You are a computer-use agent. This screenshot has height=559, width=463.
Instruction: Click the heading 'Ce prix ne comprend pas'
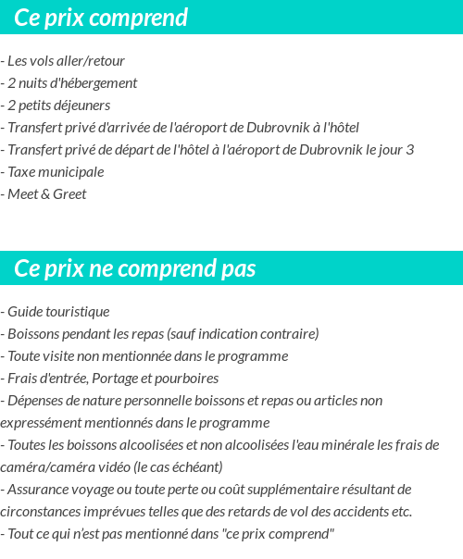tap(135, 268)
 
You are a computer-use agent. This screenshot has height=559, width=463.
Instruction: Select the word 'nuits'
tap(35, 83)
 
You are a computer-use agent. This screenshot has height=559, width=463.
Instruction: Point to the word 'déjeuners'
tap(82, 106)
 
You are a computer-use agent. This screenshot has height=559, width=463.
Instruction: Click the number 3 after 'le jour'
tap(410, 150)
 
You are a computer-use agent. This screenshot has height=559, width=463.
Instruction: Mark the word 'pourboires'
tap(187, 379)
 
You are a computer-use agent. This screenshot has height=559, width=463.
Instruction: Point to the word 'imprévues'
tap(110, 512)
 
